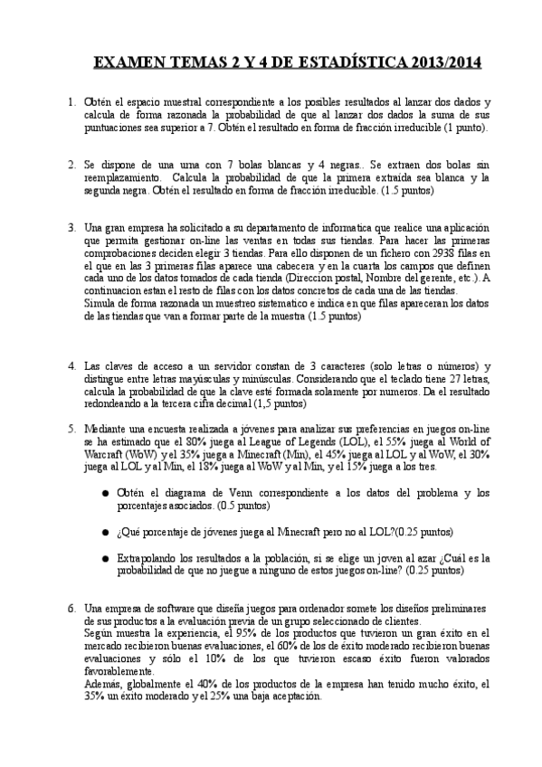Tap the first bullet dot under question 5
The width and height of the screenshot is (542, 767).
[x=106, y=493]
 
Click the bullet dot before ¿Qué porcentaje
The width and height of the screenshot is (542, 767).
[x=106, y=532]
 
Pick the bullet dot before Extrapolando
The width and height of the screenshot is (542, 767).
[x=106, y=559]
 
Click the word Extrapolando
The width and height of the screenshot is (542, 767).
[x=151, y=559]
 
